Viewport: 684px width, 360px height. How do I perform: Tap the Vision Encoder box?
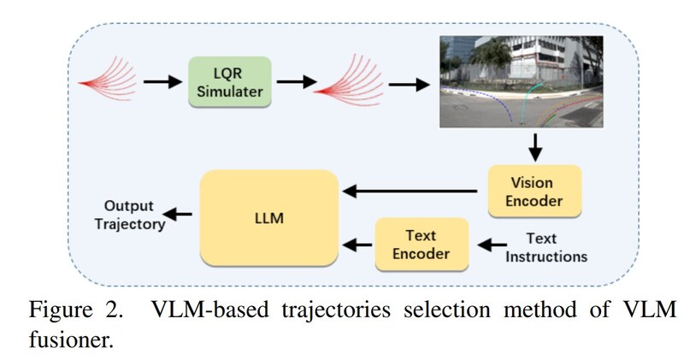click(x=534, y=191)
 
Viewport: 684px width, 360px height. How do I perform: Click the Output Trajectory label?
click(x=130, y=215)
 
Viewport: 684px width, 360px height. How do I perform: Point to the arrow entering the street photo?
click(x=407, y=84)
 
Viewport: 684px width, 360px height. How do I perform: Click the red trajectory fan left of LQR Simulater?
click(x=107, y=75)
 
